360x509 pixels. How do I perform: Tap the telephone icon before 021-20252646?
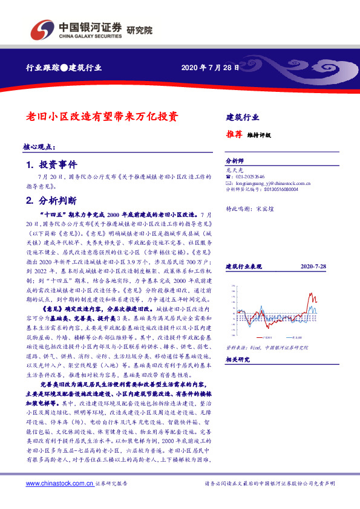(228, 176)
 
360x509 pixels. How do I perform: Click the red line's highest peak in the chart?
(310, 293)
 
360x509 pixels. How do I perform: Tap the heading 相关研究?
(237, 359)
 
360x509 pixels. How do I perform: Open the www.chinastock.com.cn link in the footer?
(59, 484)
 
